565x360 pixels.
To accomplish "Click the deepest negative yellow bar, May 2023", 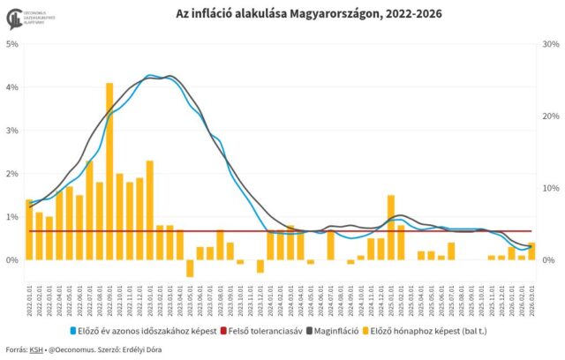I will (190, 268).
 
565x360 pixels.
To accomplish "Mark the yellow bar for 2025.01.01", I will (390, 228).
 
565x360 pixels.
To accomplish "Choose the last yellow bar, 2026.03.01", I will (531, 251).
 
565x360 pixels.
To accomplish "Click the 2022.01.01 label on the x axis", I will (29, 301).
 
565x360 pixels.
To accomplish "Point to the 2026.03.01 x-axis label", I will (531, 301).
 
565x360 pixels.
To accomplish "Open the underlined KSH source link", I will (36, 350).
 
